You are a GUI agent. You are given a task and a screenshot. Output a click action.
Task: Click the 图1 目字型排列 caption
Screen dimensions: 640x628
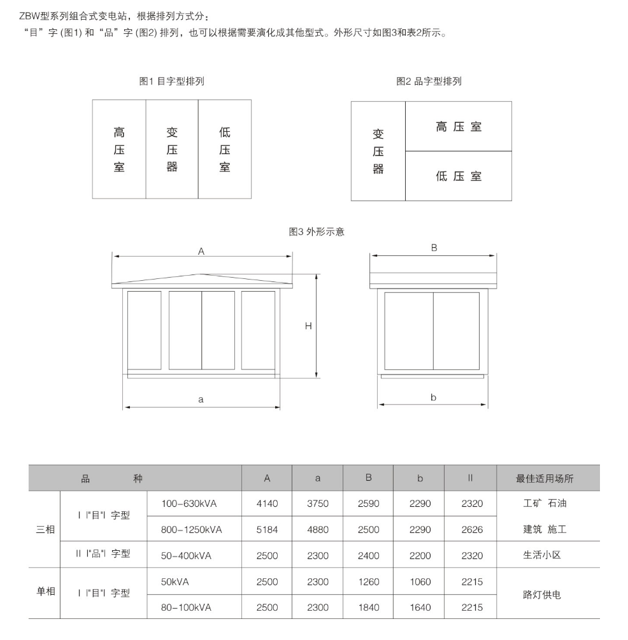click(x=171, y=82)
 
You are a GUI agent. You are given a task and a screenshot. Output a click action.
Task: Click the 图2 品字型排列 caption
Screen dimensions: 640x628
click(x=429, y=82)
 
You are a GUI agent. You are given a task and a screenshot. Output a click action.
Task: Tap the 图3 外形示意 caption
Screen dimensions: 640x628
click(x=317, y=232)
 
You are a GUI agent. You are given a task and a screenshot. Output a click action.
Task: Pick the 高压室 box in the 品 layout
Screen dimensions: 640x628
click(x=459, y=127)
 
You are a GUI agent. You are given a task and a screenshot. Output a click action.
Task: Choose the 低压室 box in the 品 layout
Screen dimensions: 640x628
click(x=459, y=176)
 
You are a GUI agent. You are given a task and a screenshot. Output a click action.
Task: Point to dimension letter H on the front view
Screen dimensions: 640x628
click(x=308, y=326)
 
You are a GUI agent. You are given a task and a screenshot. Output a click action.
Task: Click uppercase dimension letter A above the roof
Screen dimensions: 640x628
click(x=201, y=252)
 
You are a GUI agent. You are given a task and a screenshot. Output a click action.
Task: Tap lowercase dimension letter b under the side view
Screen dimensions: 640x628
click(x=433, y=398)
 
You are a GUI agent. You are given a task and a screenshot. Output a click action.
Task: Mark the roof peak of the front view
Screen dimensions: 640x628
click(x=202, y=274)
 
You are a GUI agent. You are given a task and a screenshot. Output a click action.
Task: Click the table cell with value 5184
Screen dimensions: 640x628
click(x=267, y=529)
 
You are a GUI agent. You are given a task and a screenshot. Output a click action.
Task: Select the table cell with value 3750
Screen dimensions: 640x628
click(x=318, y=503)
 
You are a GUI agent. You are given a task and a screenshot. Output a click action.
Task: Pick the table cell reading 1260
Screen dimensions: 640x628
click(x=368, y=581)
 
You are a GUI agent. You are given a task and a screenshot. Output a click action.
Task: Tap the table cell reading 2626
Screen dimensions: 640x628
click(x=472, y=529)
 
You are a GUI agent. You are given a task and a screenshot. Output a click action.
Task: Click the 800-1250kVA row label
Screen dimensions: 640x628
click(x=191, y=529)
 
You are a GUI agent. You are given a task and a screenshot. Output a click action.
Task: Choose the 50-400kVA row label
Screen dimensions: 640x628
click(x=186, y=555)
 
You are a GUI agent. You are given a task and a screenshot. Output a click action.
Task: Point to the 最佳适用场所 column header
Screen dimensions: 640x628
click(x=545, y=478)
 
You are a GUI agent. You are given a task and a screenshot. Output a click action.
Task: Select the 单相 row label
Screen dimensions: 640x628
click(x=45, y=592)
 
